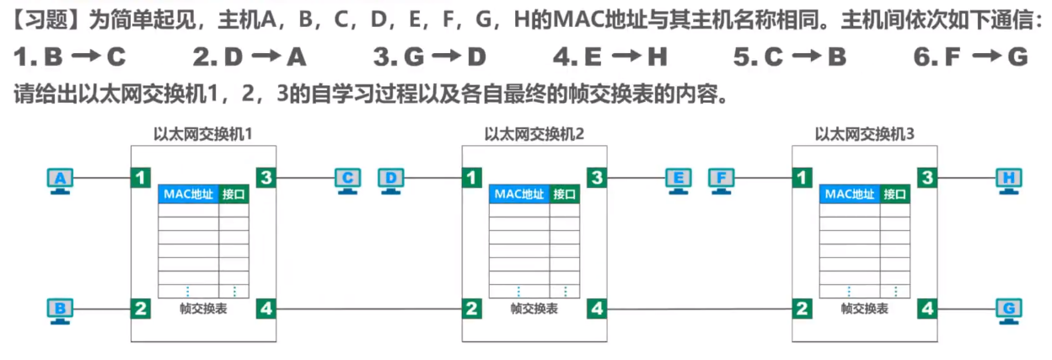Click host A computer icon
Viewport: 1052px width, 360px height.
pyautogui.click(x=60, y=180)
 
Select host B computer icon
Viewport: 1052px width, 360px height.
pyautogui.click(x=60, y=310)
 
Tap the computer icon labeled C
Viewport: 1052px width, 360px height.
pyautogui.click(x=347, y=180)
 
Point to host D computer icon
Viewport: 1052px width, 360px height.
pyautogui.click(x=391, y=180)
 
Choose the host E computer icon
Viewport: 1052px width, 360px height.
pyautogui.click(x=678, y=180)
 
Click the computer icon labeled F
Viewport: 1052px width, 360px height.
pyautogui.click(x=722, y=180)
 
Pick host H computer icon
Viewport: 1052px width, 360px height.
pyautogui.click(x=1008, y=180)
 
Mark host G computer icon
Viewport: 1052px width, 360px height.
pyautogui.click(x=1008, y=310)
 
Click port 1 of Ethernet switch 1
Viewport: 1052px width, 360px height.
pyautogui.click(x=141, y=178)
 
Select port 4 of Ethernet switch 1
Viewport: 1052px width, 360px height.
pyautogui.click(x=266, y=309)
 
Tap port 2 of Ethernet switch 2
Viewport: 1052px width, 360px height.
pyautogui.click(x=471, y=309)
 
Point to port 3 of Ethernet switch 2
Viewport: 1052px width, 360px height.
pyautogui.click(x=597, y=178)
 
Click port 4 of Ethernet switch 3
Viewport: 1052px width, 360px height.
pyautogui.click(x=927, y=309)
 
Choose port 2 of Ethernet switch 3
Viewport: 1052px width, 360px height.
pyautogui.click(x=802, y=309)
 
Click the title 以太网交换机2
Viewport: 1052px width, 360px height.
pyautogui.click(x=534, y=133)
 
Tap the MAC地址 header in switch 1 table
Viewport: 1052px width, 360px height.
pyautogui.click(x=188, y=194)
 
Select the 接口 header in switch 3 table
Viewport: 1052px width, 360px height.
pyautogui.click(x=895, y=194)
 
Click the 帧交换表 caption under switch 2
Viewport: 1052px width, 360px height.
pyautogui.click(x=534, y=309)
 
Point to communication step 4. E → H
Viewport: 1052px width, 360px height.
pyautogui.click(x=611, y=57)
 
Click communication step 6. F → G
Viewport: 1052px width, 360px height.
pyautogui.click(x=971, y=57)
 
